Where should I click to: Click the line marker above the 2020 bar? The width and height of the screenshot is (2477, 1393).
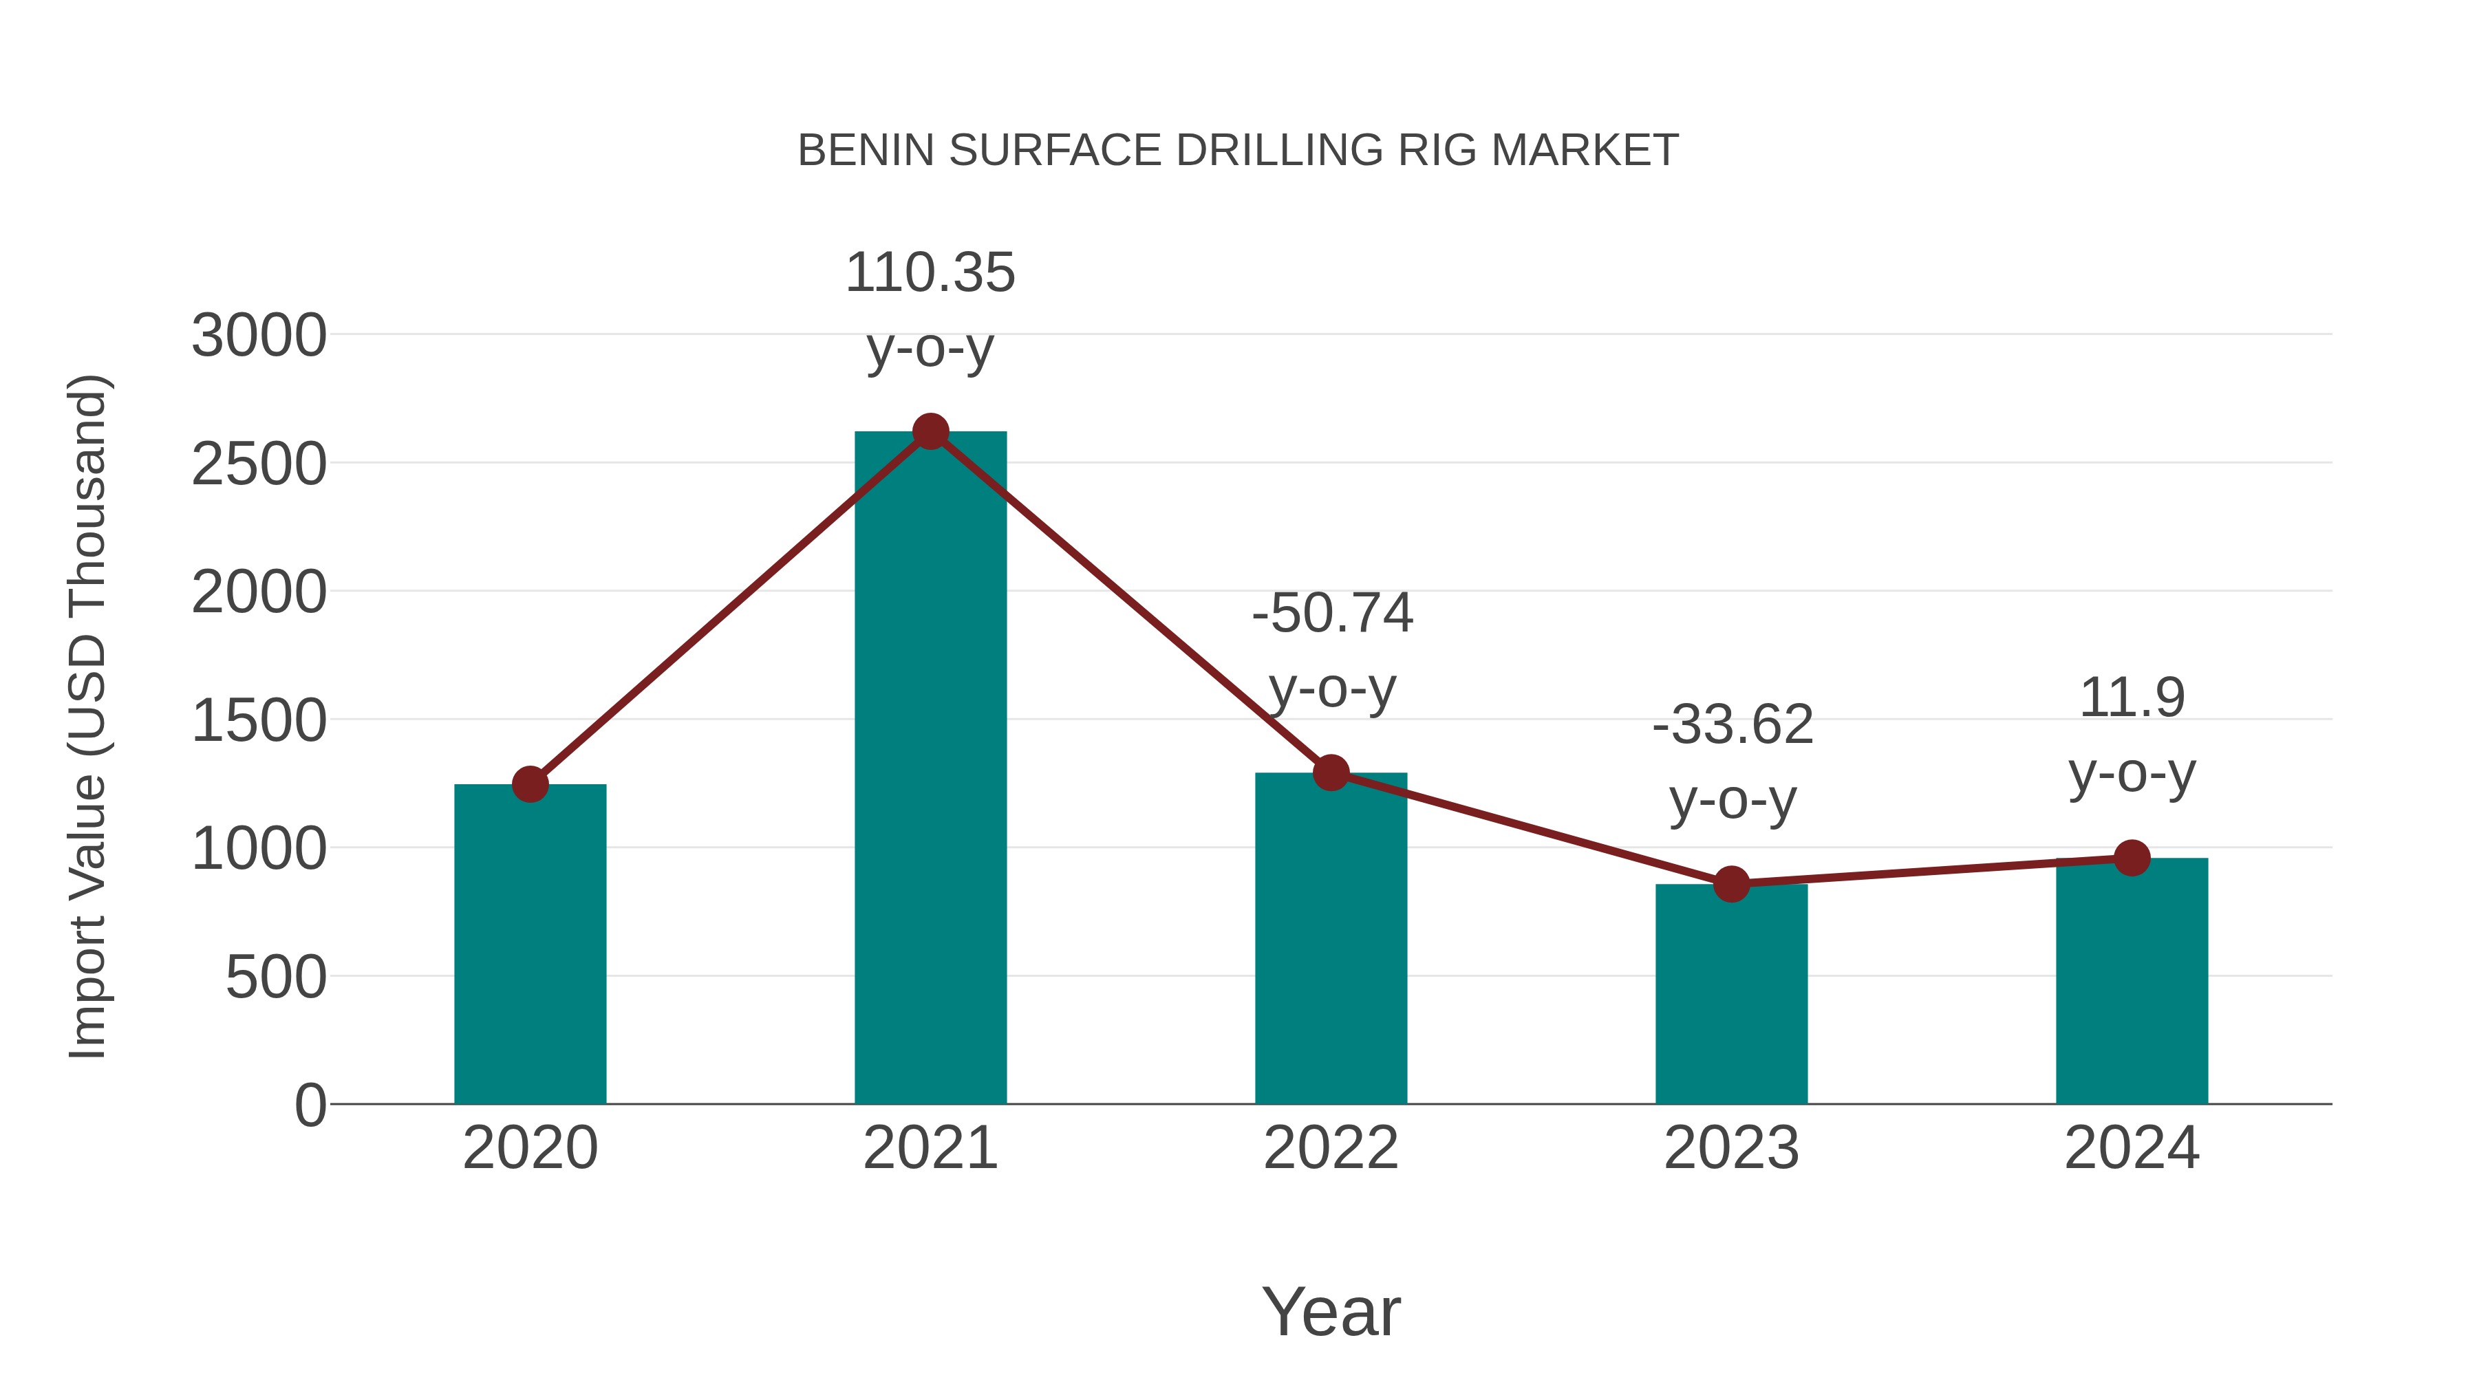point(530,784)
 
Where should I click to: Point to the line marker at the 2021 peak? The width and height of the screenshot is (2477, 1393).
point(930,431)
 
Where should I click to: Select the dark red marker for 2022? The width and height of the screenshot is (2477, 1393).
point(1331,772)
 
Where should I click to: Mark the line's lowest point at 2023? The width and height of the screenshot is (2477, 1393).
point(1731,883)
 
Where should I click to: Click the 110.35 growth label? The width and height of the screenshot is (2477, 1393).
point(930,273)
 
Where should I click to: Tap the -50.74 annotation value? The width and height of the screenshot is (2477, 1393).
point(1332,614)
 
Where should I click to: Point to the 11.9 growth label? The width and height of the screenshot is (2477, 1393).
point(2132,698)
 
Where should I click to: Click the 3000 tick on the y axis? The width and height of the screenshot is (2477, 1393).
point(259,336)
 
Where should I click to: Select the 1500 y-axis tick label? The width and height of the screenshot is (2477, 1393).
point(259,721)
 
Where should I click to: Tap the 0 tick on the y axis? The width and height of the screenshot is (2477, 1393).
point(310,1105)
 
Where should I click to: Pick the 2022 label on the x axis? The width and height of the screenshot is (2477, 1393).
point(1331,1148)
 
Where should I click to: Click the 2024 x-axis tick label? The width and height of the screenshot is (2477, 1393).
point(2132,1148)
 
